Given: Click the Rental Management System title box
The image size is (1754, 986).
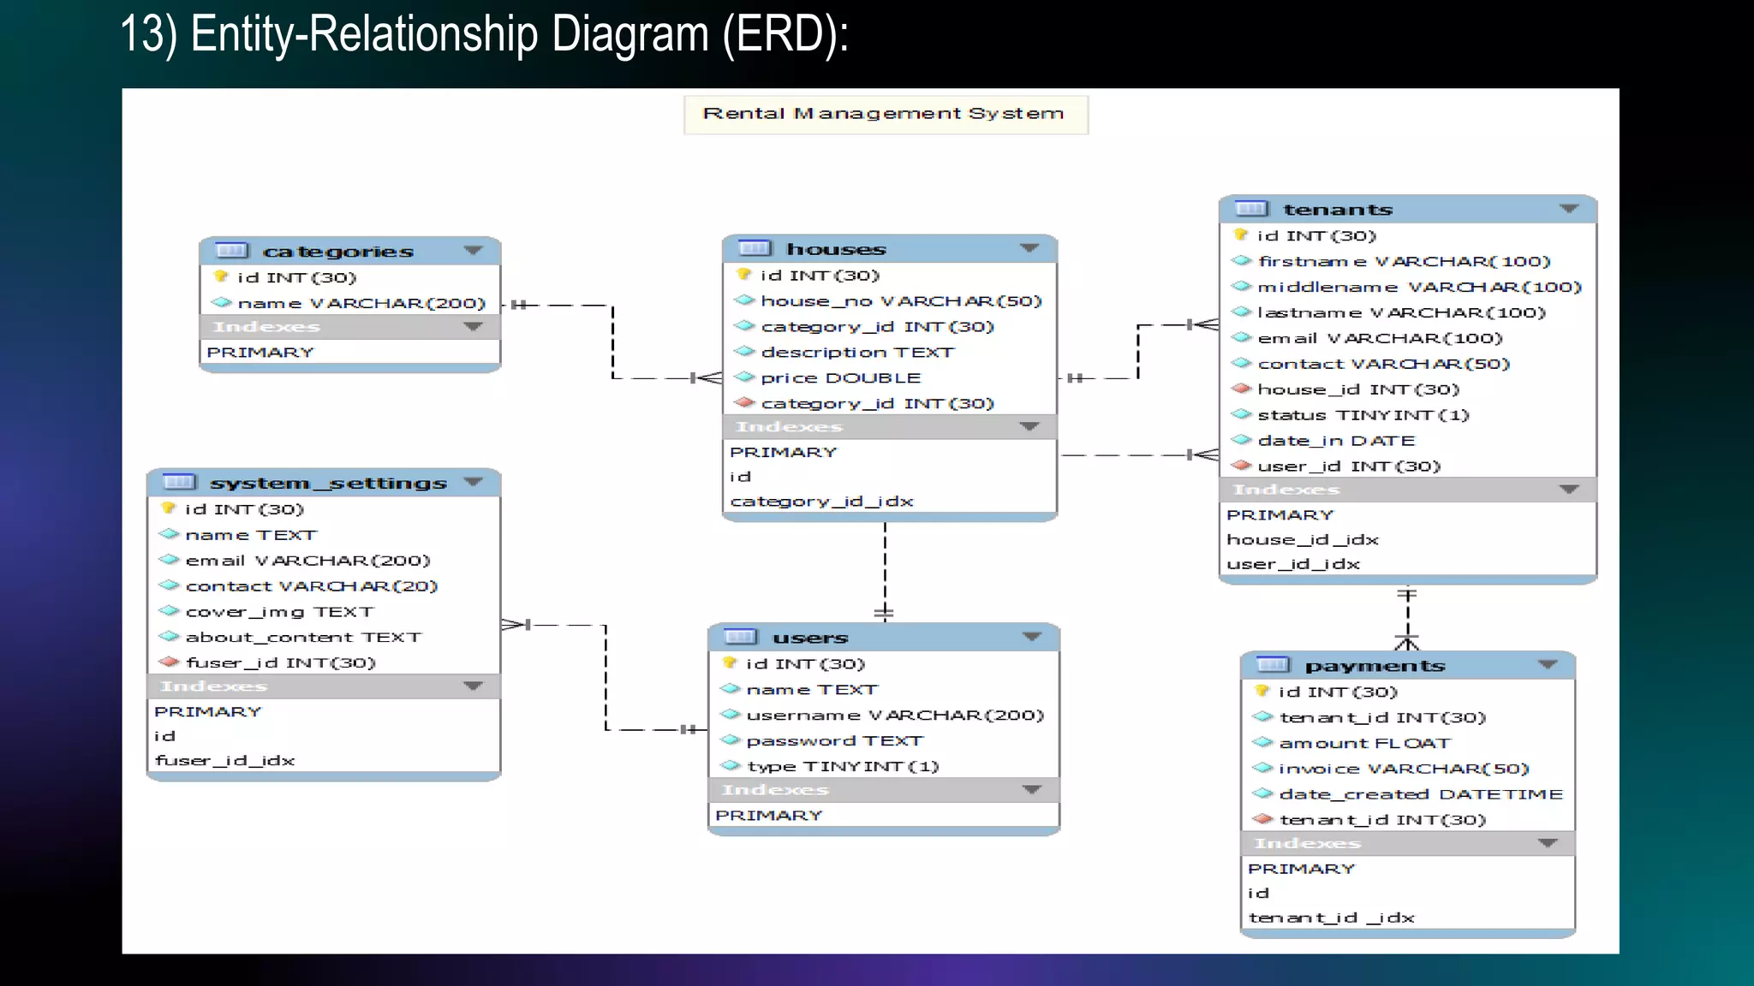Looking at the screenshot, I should point(885,115).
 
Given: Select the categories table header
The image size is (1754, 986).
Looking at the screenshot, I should point(337,252).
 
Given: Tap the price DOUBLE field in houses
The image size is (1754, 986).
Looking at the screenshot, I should point(839,378).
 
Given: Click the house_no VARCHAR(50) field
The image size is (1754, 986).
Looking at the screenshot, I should point(900,301).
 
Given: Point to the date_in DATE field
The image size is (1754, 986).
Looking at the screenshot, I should point(1335,441).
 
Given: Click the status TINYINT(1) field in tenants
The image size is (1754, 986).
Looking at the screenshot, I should point(1362,415).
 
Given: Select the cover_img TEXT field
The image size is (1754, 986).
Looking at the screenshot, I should point(279,612).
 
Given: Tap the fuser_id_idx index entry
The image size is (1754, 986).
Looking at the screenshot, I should point(224,761).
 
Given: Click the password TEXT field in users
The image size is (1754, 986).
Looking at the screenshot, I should point(834,741).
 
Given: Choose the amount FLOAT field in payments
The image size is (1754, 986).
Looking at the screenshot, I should point(1364,744).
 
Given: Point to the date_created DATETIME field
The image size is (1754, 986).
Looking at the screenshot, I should point(1420,795).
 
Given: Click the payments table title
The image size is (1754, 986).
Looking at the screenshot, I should point(1374,666).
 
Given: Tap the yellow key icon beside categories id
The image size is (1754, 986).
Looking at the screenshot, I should point(221,276).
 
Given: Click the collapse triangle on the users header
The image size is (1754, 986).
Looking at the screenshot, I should point(1031,637).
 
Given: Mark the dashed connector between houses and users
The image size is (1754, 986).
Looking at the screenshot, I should point(885,565).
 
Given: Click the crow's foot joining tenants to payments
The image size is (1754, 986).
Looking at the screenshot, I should point(1407,641).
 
